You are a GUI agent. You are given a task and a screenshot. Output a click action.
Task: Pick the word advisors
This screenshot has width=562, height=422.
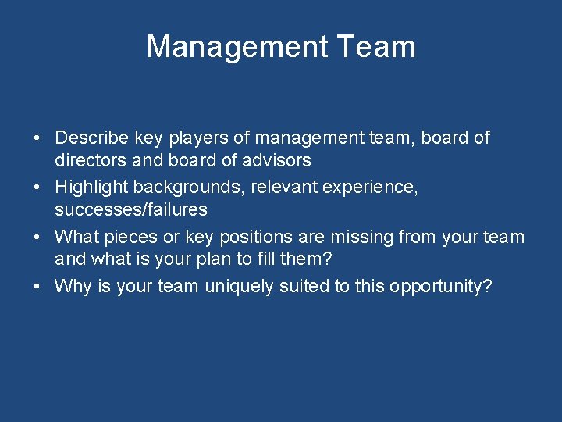(x=278, y=161)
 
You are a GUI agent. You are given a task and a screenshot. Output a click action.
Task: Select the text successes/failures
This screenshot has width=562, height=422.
(x=131, y=209)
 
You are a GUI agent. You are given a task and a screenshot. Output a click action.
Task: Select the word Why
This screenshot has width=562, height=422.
(x=73, y=286)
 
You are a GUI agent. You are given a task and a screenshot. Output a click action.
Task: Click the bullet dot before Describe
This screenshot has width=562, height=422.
(x=37, y=139)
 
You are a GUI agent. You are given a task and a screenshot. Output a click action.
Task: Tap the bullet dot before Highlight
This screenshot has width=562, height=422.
(x=37, y=188)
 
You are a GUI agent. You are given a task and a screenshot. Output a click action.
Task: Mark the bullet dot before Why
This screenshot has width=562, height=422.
(x=37, y=287)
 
